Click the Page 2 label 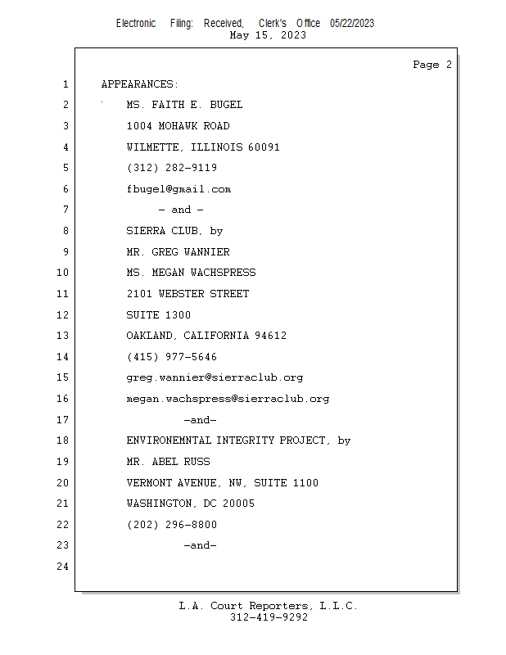pos(431,65)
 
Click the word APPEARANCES pos(139,84)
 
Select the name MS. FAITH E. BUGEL pos(184,105)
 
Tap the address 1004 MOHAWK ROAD pos(178,126)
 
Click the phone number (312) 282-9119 pos(172,168)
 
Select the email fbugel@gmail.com pos(178,189)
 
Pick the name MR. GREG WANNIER pos(178,252)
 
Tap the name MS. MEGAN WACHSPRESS pos(191,273)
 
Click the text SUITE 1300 pos(158,315)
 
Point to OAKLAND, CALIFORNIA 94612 pos(206,336)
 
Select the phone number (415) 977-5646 pos(172,357)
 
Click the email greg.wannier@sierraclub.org pos(215,377)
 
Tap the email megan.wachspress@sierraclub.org pos(228,399)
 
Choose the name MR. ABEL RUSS pos(168,462)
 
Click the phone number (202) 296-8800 pos(172,525)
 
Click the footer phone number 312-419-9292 pos(269,617)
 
